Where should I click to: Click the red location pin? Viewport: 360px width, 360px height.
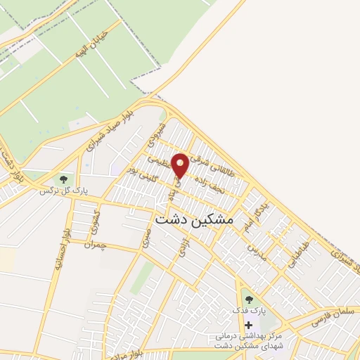point(180,166)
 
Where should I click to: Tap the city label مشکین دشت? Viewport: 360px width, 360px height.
point(193,219)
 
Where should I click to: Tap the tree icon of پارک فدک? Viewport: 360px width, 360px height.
point(248,300)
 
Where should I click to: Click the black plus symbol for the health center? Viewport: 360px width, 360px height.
point(247,325)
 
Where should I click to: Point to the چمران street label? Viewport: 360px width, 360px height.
point(94,245)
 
